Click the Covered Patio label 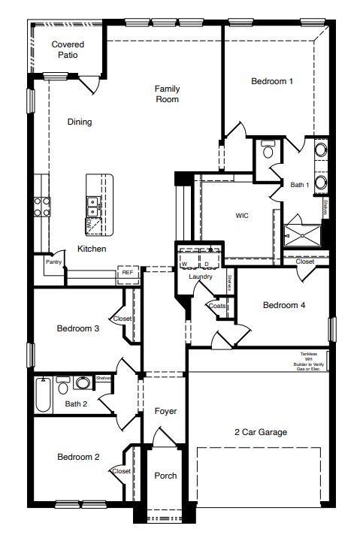point(68,50)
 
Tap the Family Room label point(167,94)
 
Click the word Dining point(80,122)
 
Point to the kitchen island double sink point(94,201)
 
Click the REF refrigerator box point(127,273)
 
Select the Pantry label point(53,262)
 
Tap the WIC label point(242,215)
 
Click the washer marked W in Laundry point(184,264)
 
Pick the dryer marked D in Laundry point(205,264)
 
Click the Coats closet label point(217,306)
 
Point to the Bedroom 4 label point(284,305)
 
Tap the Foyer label point(165,411)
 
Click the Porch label point(165,476)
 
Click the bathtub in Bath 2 point(43,395)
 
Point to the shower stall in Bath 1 point(304,234)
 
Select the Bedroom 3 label point(78,328)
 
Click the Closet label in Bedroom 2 point(121,471)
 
